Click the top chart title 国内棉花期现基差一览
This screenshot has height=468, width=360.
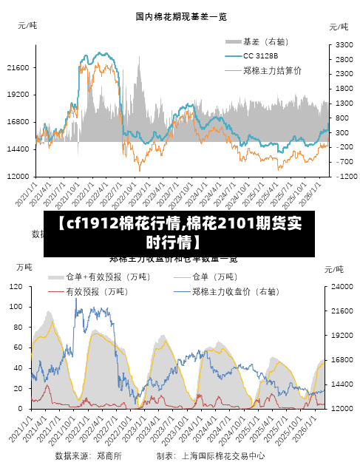180,16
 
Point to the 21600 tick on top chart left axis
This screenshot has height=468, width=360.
17,67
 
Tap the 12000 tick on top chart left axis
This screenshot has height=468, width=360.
17,176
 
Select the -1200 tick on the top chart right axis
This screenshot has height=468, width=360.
344,176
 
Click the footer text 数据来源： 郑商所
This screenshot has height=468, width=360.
88,456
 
